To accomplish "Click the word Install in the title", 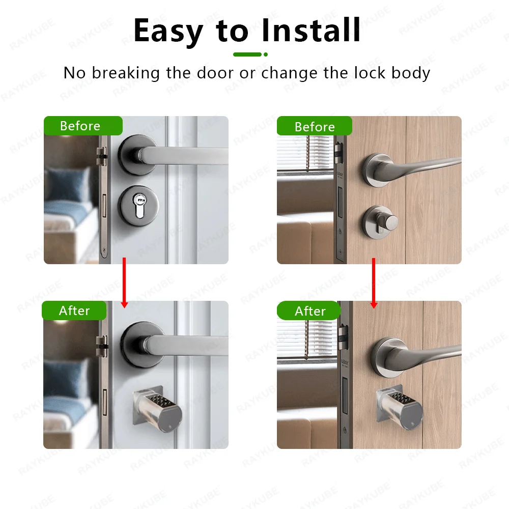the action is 311,30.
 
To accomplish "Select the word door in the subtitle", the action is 215,73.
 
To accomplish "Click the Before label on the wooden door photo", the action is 315,127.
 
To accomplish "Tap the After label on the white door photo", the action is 74,310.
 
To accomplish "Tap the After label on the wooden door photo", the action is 310,311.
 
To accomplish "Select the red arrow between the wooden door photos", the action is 374,283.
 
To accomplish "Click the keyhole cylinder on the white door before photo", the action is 139,206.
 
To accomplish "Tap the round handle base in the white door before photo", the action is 137,155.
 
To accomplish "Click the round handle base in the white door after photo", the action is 141,345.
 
